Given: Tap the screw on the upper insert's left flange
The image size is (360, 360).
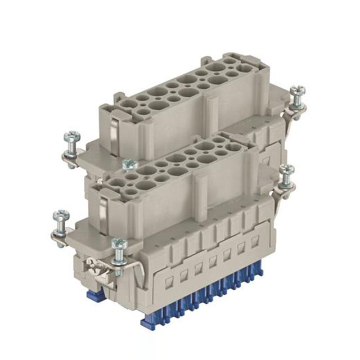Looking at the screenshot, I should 72,137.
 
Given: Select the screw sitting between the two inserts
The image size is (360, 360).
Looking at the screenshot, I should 129,165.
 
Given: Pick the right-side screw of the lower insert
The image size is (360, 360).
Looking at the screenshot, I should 287,171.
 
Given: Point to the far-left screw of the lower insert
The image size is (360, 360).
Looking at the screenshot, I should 60,216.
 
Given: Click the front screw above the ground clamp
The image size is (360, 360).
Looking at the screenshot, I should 119,245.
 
